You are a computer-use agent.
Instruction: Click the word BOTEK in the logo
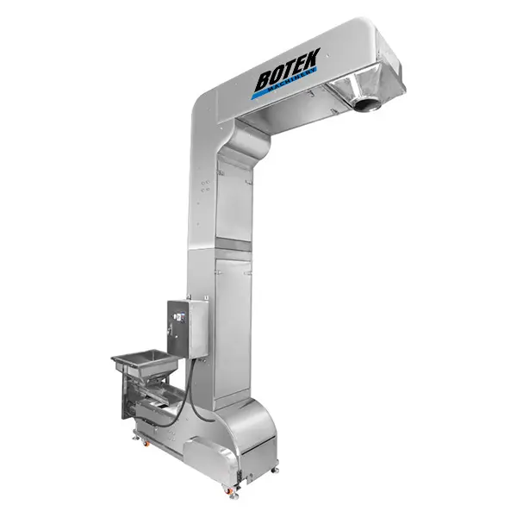(x=287, y=71)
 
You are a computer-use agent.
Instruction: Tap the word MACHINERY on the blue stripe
(x=292, y=81)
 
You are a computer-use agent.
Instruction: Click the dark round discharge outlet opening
(x=365, y=104)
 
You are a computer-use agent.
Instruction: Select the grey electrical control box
(x=188, y=328)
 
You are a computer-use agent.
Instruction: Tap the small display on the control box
(x=178, y=317)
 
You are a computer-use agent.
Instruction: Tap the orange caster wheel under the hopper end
(x=146, y=444)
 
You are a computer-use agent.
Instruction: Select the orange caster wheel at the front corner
(x=227, y=491)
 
